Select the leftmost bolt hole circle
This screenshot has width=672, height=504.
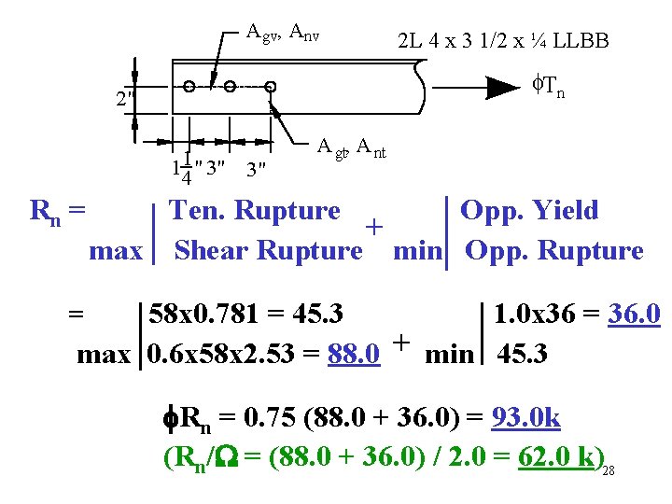click(189, 87)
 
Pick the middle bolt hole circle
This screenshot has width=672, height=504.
click(230, 87)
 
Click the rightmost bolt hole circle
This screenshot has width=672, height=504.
click(271, 87)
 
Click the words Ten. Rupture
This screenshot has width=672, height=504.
click(254, 211)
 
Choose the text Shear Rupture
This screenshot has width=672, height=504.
click(268, 251)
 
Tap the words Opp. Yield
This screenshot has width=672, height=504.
click(529, 211)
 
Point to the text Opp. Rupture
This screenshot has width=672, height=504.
click(554, 251)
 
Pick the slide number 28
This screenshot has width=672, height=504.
click(609, 470)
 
